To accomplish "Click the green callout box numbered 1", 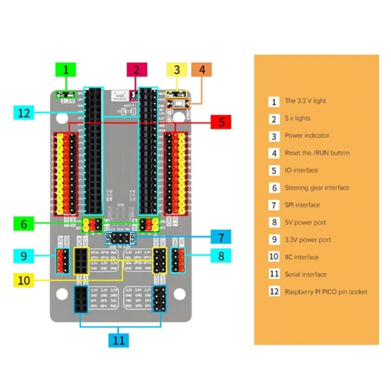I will point(68,70).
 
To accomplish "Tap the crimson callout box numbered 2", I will point(136,70).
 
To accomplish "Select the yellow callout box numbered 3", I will point(177,70).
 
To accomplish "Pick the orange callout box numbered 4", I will point(202,70).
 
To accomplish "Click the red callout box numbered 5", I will point(222,122).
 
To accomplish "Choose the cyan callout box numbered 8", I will point(221,255).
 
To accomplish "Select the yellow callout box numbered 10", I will point(24,281).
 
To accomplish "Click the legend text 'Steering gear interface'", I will point(317,188).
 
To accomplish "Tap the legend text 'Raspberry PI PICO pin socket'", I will point(326,292).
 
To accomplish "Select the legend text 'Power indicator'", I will point(307,135).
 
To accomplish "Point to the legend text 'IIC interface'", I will point(302,257).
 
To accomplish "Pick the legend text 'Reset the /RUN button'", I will point(317,153).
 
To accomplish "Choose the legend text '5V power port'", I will point(305,222).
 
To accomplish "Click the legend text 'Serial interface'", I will point(305,274).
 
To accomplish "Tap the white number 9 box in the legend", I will point(274,240).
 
